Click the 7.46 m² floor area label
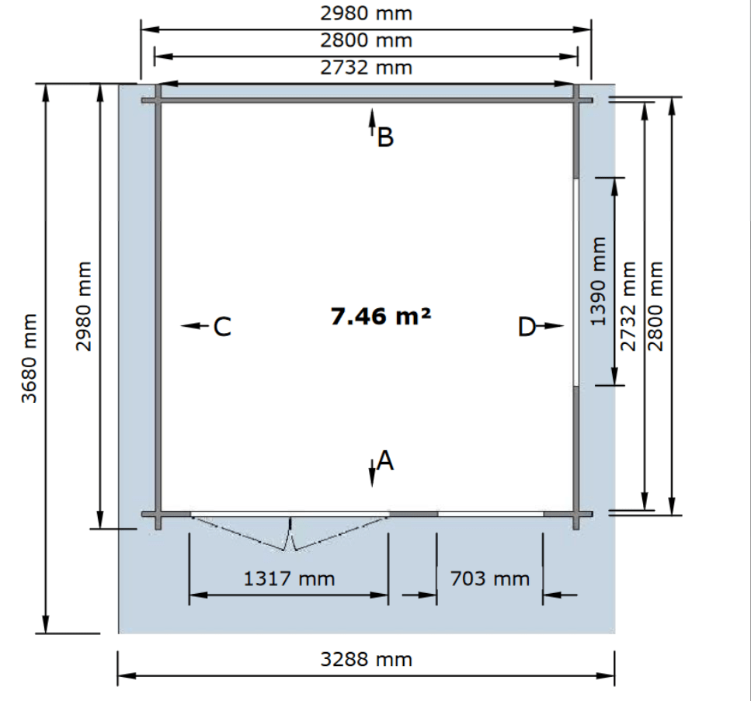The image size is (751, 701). coord(381,317)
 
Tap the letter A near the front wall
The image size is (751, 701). coord(385,461)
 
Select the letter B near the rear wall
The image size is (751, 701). coord(385,137)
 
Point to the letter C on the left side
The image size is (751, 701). coord(222,327)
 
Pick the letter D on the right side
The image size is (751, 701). coord(527,328)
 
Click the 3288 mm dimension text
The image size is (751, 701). coord(367,660)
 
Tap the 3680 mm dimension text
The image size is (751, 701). coord(30,359)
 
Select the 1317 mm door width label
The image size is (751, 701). coord(289,579)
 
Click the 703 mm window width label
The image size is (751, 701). coord(489,579)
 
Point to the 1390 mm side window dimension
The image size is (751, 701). coord(599,282)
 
